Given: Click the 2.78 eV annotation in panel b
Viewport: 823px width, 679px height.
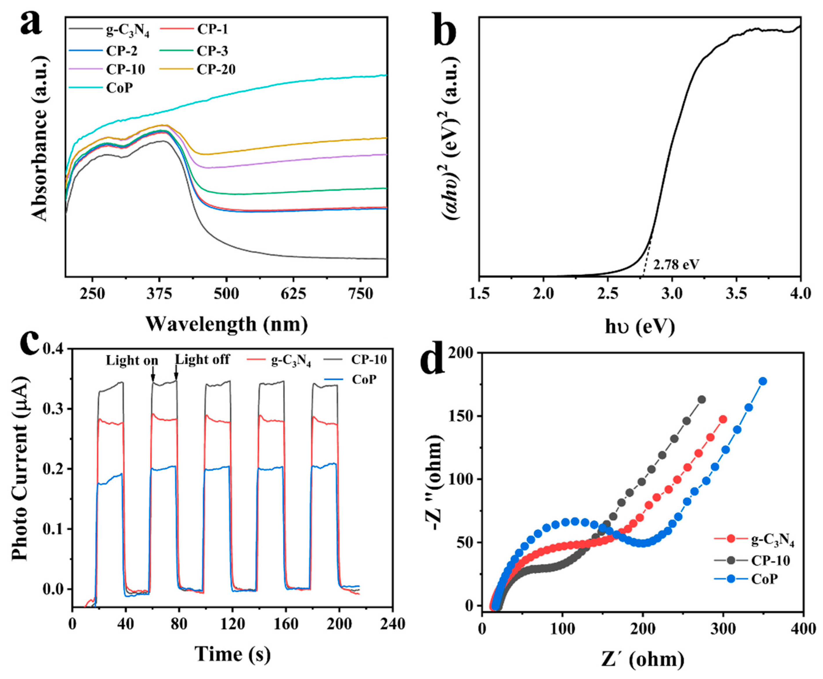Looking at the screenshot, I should pos(676,265).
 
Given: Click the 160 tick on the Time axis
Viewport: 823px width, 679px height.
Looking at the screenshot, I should pos(286,624).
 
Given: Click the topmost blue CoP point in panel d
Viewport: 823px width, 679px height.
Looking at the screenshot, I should pos(762,381).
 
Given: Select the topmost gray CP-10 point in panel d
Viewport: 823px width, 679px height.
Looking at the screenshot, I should pos(702,400).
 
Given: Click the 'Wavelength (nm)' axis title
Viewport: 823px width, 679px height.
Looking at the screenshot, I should pos(227,324).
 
